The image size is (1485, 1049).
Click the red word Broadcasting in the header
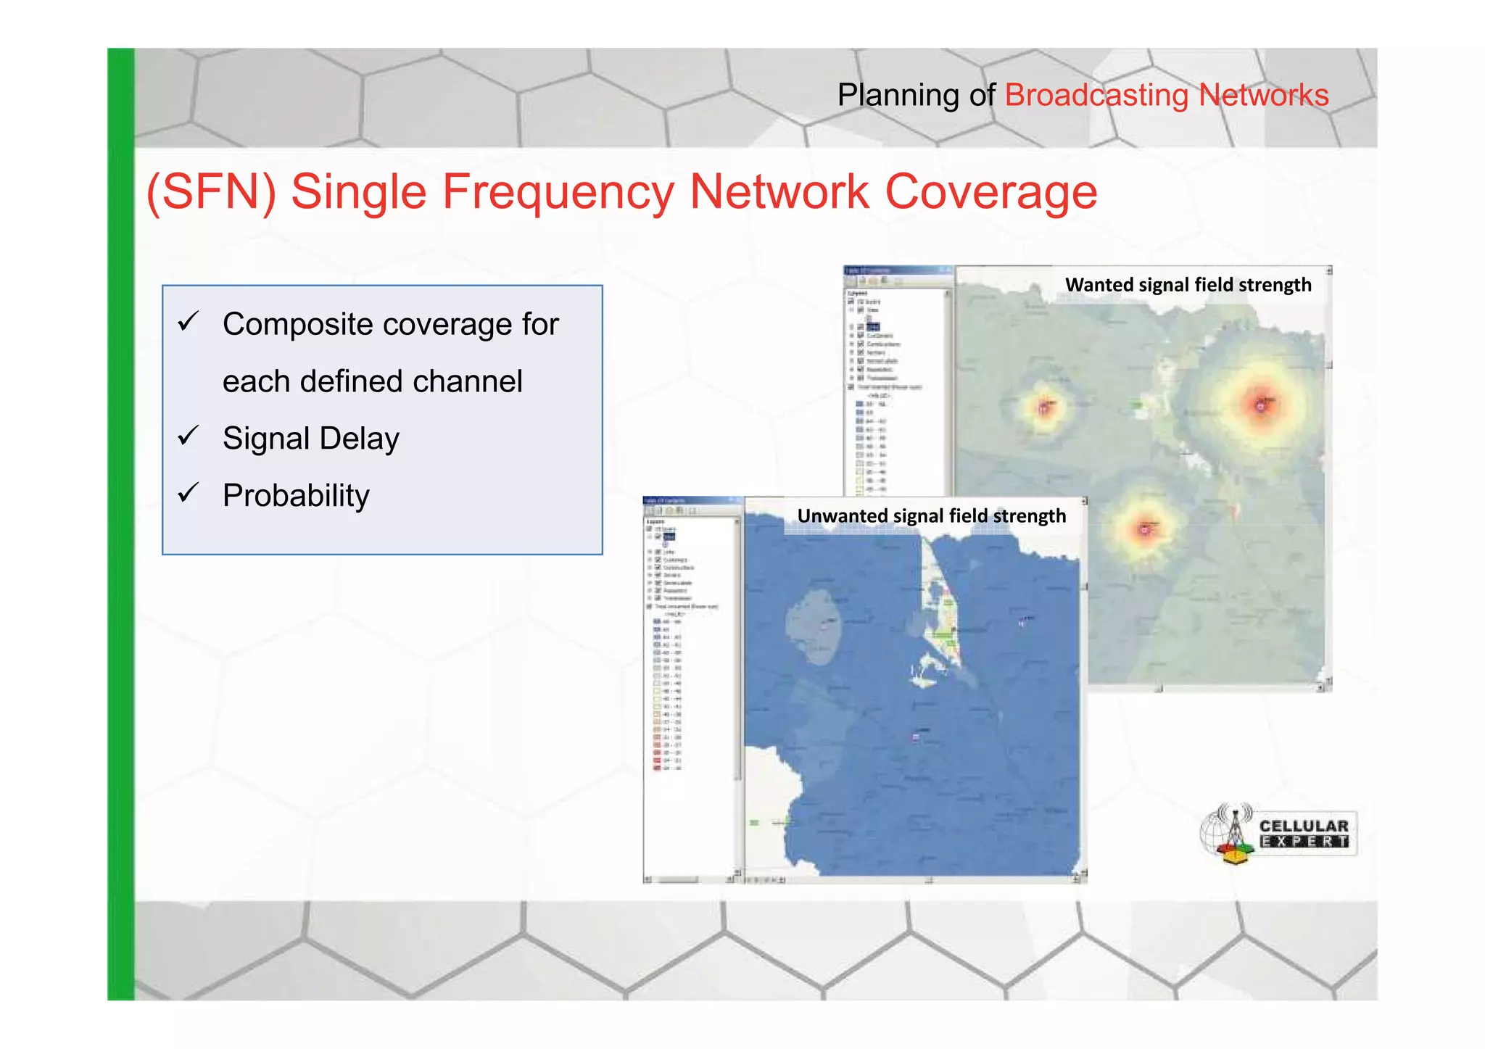click(x=1096, y=96)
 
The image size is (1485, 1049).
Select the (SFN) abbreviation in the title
click(x=211, y=192)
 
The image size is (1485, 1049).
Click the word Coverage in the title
click(x=990, y=192)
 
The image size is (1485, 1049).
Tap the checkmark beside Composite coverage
click(x=189, y=320)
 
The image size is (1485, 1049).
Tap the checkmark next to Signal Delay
click(x=189, y=436)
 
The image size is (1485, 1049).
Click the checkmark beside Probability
click(x=189, y=493)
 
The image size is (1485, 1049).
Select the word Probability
click(x=296, y=496)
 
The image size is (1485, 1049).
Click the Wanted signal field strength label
click(x=1188, y=285)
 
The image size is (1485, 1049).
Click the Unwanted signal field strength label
click(x=931, y=516)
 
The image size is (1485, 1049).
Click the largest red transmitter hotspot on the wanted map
click(x=1261, y=405)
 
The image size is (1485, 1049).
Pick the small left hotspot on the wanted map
click(x=1044, y=407)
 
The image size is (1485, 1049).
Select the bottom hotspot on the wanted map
click(x=1145, y=528)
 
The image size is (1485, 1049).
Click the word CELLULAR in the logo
click(x=1303, y=826)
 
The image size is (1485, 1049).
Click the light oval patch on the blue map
click(x=813, y=626)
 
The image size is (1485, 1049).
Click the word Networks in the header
click(x=1263, y=96)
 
